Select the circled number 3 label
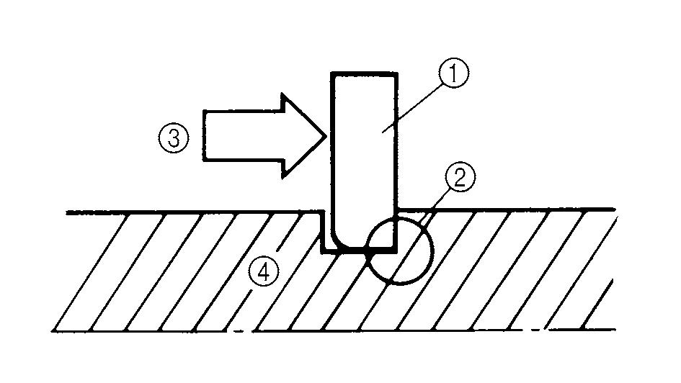pyautogui.click(x=174, y=138)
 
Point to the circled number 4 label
pyautogui.click(x=262, y=271)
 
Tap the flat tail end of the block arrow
pyautogui.click(x=205, y=135)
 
